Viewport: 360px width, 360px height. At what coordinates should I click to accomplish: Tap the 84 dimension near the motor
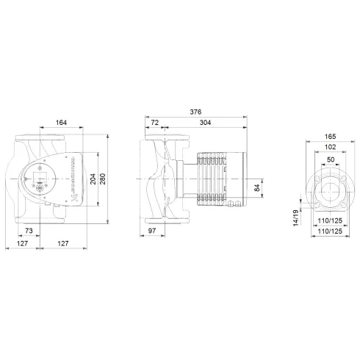tap(256, 189)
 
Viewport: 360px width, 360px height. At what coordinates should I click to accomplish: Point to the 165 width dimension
tap(329, 136)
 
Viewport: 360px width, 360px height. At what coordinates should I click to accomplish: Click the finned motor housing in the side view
tap(213, 179)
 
